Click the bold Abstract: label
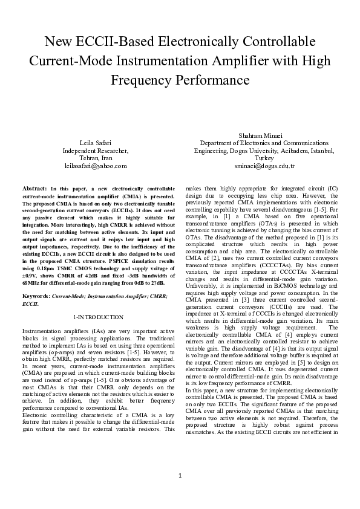35,189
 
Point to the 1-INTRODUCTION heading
98,317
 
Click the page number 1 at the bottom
180,491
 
